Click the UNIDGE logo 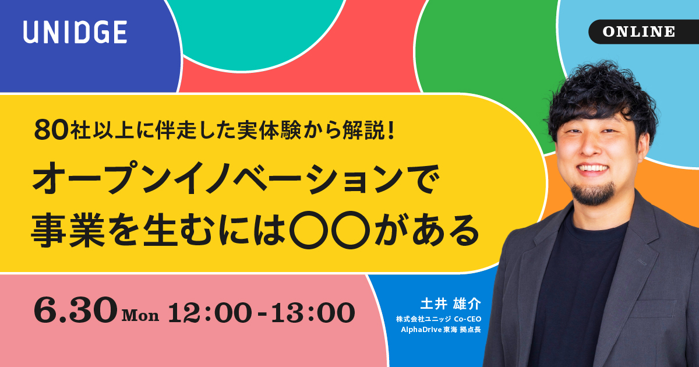[75, 32]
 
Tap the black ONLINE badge [644, 31]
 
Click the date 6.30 [76, 310]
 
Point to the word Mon [140, 316]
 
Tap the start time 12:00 [210, 312]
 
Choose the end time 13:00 [313, 312]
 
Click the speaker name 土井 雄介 [451, 304]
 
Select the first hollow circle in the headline [309, 230]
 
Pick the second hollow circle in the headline [351, 230]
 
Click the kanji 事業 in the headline [68, 230]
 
